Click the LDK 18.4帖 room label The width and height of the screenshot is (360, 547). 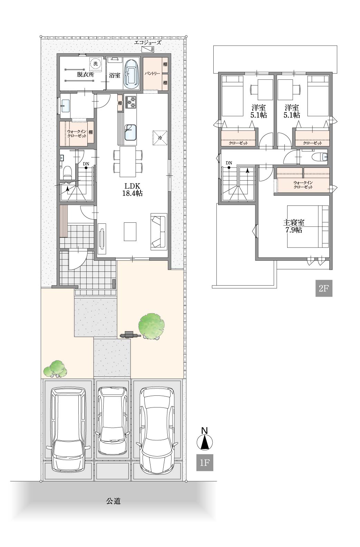pos(132,189)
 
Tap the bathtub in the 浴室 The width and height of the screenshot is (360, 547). pos(132,75)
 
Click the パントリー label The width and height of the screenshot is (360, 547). pos(152,74)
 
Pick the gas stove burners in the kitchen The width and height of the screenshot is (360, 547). pos(131,102)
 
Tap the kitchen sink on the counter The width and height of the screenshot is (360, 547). pos(130,132)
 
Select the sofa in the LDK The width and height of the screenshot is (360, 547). pos(159,231)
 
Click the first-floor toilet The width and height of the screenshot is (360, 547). pos(67,172)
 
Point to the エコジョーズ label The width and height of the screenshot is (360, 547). pos(148,43)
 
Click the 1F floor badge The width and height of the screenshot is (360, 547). pos(205,462)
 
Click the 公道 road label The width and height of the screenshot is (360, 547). pos(113,501)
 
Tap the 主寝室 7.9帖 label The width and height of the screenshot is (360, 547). pos(294,226)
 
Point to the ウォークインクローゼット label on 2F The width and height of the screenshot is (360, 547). pos(303,185)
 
